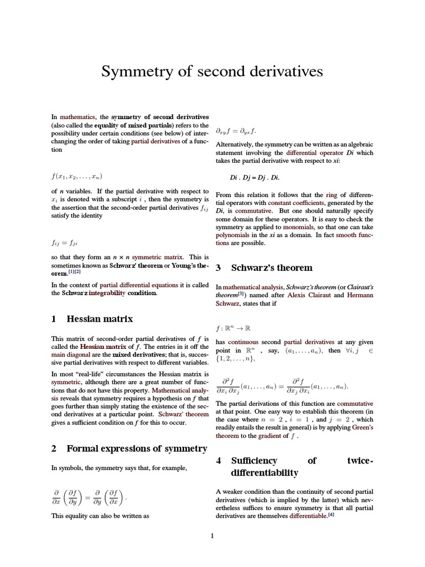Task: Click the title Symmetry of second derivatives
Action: coord(212,72)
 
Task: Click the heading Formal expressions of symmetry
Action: coord(129,449)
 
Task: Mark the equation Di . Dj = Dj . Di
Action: coord(255,178)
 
